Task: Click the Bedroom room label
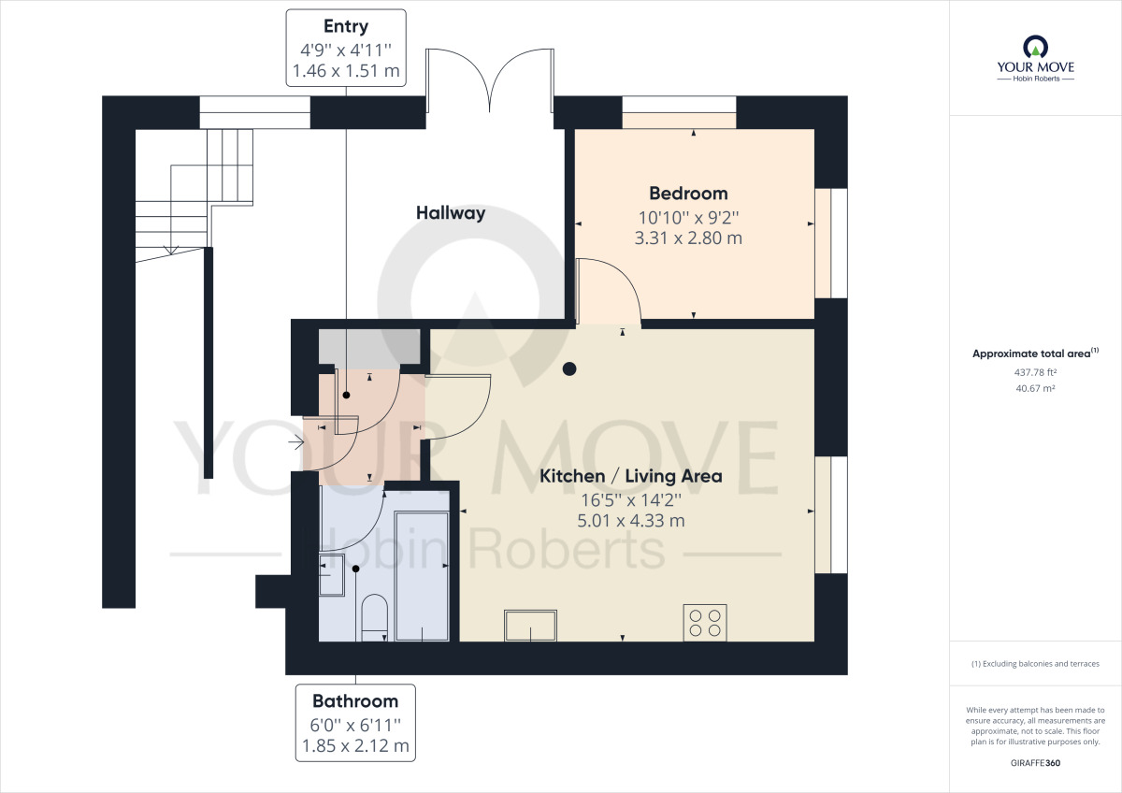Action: point(688,194)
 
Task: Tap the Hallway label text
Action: point(451,213)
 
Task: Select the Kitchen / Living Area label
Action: point(631,476)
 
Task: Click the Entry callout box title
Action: point(345,26)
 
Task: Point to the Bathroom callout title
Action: point(355,700)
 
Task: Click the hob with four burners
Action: point(706,623)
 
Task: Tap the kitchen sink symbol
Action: point(530,625)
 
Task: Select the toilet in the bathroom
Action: point(373,617)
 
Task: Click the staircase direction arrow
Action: point(170,249)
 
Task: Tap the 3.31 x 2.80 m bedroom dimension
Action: point(688,238)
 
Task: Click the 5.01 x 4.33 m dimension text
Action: point(631,521)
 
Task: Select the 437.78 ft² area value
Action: point(1035,372)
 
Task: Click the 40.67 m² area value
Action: point(1035,388)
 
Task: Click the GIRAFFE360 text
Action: point(1034,763)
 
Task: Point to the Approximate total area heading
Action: point(1033,353)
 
